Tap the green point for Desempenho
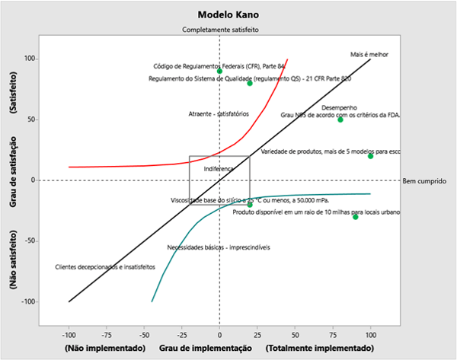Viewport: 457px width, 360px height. click(340, 119)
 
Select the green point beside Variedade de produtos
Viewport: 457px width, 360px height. click(371, 156)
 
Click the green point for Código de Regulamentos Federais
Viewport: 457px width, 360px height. click(219, 71)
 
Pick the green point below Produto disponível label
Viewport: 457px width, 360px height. click(356, 217)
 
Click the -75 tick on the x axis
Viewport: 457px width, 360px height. click(106, 333)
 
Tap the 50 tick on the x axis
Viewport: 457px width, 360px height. click(296, 333)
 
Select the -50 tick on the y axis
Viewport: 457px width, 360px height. click(31, 241)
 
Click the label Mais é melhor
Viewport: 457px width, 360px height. click(369, 54)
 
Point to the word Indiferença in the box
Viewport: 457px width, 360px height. click(219, 168)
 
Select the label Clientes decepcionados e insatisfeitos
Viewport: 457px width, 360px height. click(105, 267)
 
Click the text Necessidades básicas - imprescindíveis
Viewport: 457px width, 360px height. click(218, 247)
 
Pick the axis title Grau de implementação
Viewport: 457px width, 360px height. click(206, 348)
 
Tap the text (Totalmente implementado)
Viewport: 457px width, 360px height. click(321, 348)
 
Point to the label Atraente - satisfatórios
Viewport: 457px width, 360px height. click(219, 114)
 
